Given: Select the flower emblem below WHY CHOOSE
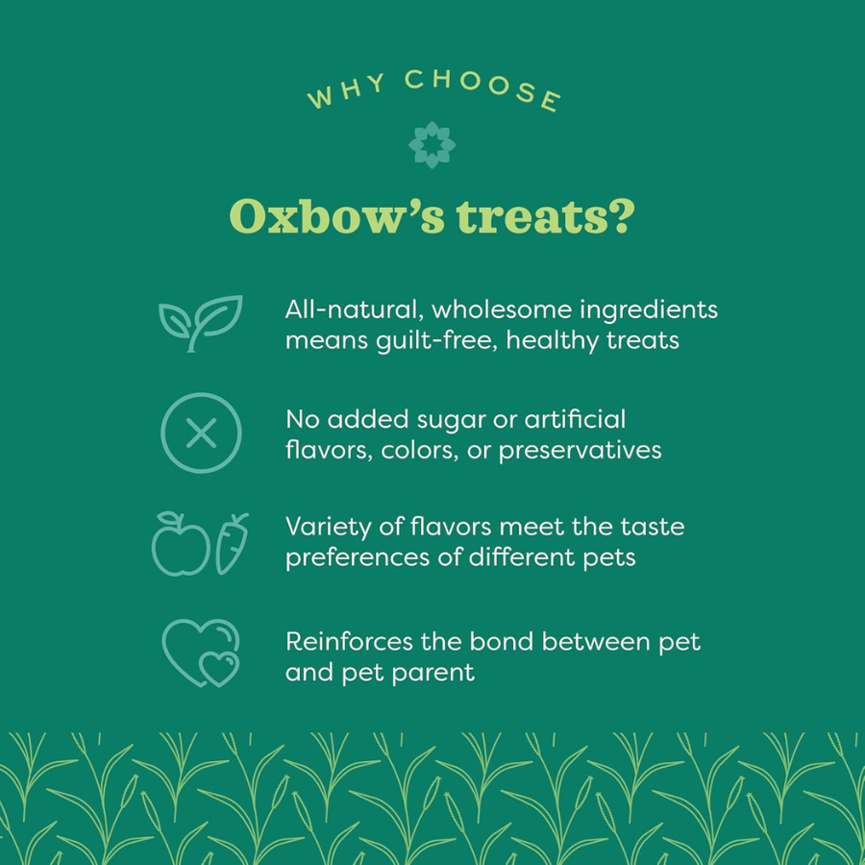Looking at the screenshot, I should pyautogui.click(x=432, y=145).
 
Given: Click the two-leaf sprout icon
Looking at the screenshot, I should pyautogui.click(x=200, y=322).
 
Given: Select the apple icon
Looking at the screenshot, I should pyautogui.click(x=181, y=546).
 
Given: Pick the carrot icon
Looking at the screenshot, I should pyautogui.click(x=232, y=544).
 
